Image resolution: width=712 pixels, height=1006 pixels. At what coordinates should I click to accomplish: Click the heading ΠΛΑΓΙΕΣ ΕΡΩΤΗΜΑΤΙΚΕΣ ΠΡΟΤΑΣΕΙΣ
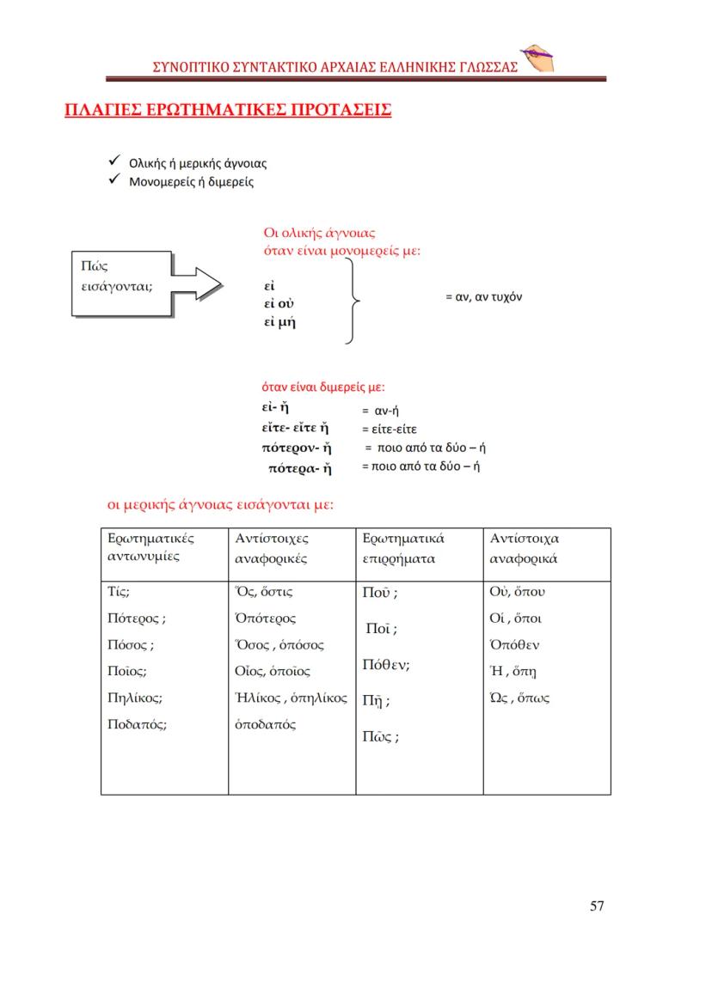229,111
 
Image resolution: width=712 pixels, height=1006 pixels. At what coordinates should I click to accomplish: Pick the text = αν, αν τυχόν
483,296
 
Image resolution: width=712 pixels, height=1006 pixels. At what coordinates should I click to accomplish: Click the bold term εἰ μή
279,323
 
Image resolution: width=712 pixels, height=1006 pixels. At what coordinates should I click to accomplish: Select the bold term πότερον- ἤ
297,448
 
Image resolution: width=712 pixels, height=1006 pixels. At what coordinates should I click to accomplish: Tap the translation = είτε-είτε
389,429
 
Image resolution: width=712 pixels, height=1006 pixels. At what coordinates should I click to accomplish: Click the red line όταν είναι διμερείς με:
323,387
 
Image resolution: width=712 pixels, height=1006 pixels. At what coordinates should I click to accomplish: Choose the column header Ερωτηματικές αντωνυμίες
151,547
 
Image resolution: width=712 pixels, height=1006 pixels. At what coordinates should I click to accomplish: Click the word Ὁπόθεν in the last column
514,645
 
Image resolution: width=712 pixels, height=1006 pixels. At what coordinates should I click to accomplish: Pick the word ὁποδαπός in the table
266,724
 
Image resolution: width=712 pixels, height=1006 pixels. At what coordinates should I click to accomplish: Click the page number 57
597,905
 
